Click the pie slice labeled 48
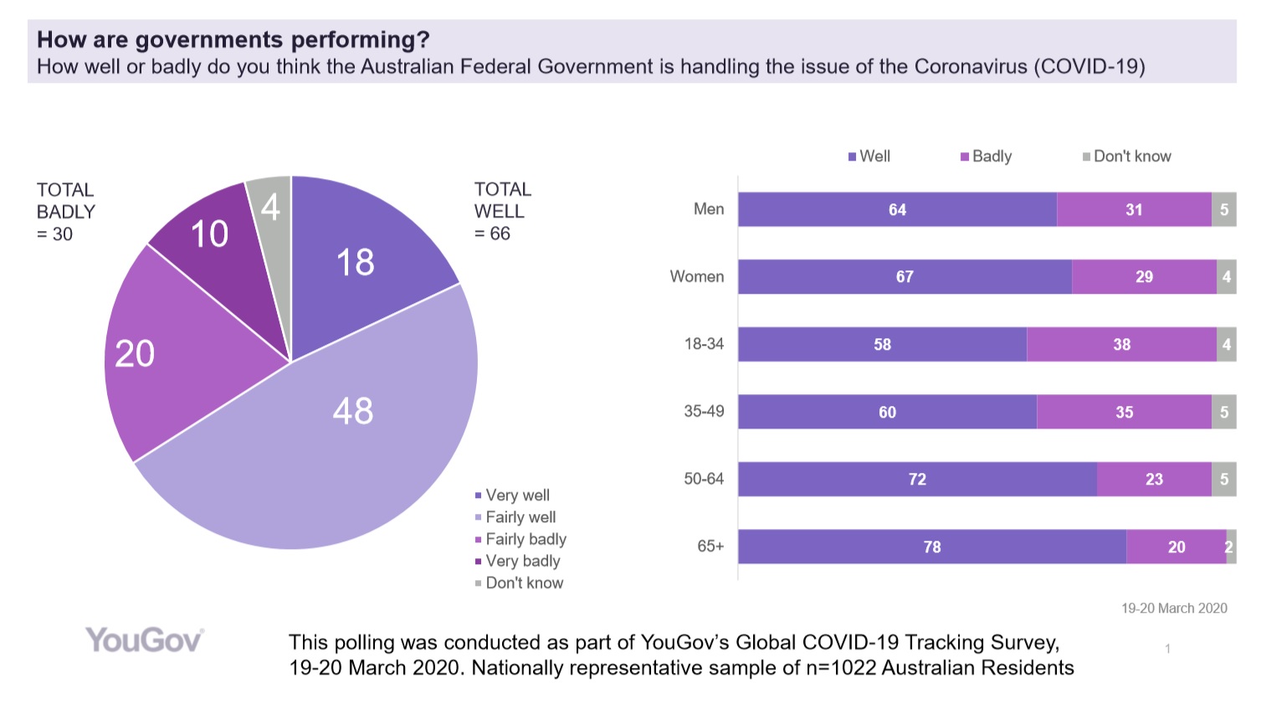pyautogui.click(x=335, y=435)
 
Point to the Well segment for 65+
pyautogui.click(x=931, y=547)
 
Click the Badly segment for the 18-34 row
pyautogui.click(x=1121, y=344)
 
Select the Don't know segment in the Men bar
pyautogui.click(x=1223, y=209)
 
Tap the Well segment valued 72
pyautogui.click(x=917, y=479)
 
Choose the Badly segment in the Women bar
pyautogui.click(x=1144, y=276)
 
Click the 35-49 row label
pyautogui.click(x=704, y=411)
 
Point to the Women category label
pyautogui.click(x=696, y=276)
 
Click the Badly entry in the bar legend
pyautogui.click(x=987, y=157)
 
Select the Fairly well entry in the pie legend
pyautogui.click(x=520, y=517)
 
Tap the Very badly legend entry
pyautogui.click(x=521, y=561)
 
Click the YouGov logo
pyautogui.click(x=144, y=640)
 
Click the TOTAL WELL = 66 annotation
pyautogui.click(x=502, y=211)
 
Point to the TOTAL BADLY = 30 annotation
pyautogui.click(x=65, y=212)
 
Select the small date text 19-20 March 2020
pyautogui.click(x=1174, y=609)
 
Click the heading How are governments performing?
pyautogui.click(x=233, y=39)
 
